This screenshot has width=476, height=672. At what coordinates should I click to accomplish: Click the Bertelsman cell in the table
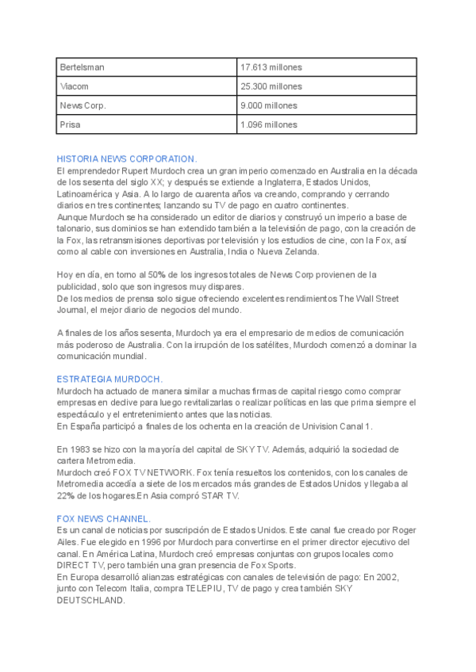82,67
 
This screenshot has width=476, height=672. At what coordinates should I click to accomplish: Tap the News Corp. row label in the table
83,105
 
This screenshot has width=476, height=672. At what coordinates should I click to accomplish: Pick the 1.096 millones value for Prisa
268,124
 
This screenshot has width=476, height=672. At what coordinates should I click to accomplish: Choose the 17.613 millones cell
271,67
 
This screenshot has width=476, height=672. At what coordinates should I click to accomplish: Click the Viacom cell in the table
74,86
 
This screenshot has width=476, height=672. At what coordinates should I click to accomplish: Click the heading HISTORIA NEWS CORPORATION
127,159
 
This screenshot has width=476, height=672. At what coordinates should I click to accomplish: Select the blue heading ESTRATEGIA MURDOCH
109,380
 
